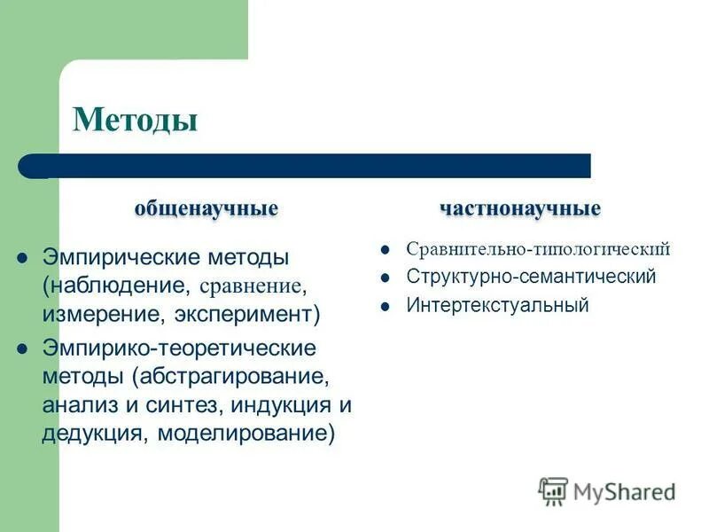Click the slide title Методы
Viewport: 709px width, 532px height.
pyautogui.click(x=135, y=119)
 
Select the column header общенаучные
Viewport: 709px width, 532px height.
pyautogui.click(x=206, y=208)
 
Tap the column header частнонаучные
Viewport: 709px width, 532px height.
pyautogui.click(x=520, y=208)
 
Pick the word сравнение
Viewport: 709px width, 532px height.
pyautogui.click(x=252, y=286)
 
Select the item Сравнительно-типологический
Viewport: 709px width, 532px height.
pyautogui.click(x=538, y=249)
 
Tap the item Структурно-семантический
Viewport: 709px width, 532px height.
pyautogui.click(x=531, y=277)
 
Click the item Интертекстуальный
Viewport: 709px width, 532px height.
pyautogui.click(x=497, y=305)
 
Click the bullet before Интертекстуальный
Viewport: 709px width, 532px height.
pyautogui.click(x=386, y=306)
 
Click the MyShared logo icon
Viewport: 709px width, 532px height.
pyautogui.click(x=553, y=490)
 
